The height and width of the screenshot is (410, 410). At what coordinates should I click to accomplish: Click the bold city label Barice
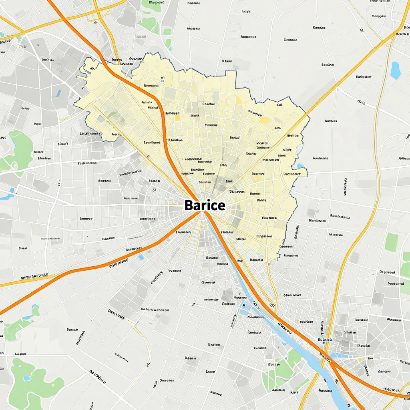(205, 205)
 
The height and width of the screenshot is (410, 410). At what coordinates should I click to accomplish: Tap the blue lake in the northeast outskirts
(396, 70)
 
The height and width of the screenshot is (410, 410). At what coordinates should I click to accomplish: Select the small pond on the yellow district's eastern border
(300, 165)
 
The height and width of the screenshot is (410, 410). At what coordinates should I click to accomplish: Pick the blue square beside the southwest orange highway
(141, 257)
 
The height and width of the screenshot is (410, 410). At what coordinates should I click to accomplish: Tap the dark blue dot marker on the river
(244, 305)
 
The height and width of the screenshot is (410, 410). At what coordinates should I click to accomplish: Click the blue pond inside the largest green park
(27, 378)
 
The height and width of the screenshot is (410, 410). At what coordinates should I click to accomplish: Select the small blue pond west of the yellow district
(58, 93)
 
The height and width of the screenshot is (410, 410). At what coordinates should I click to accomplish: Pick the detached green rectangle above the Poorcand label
(391, 242)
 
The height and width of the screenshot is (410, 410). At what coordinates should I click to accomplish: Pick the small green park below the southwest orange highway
(20, 324)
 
